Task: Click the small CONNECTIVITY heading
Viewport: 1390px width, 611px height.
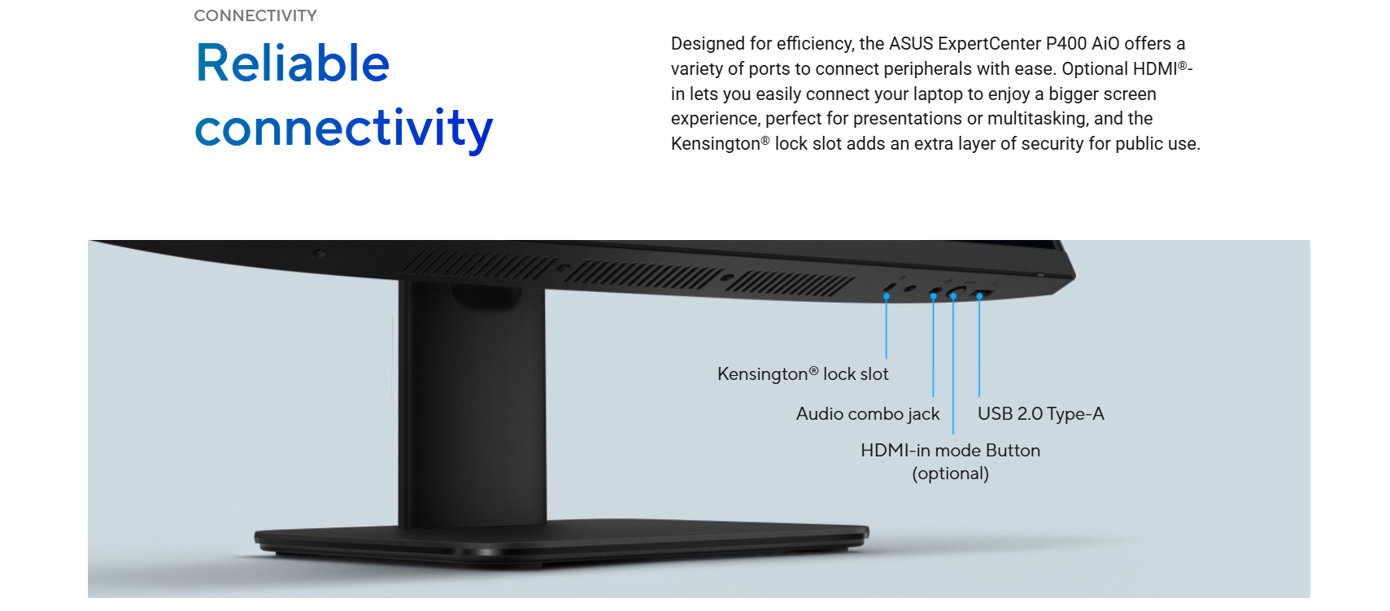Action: pyautogui.click(x=255, y=15)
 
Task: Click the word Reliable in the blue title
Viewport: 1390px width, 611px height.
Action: pyautogui.click(x=292, y=63)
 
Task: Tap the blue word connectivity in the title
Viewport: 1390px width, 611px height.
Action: pyautogui.click(x=344, y=129)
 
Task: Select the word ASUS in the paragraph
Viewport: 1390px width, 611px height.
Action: pyautogui.click(x=911, y=43)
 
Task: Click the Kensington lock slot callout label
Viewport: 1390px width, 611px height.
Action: pyautogui.click(x=802, y=373)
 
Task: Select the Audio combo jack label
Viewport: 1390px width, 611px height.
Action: pyautogui.click(x=868, y=414)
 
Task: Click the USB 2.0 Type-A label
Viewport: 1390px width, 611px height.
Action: pyautogui.click(x=1040, y=413)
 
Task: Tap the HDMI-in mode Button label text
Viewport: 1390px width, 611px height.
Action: pyautogui.click(x=950, y=450)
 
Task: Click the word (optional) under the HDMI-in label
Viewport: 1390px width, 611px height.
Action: pyautogui.click(x=950, y=474)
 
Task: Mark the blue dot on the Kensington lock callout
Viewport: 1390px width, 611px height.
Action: pyautogui.click(x=886, y=296)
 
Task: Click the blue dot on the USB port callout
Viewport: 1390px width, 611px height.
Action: pyautogui.click(x=979, y=296)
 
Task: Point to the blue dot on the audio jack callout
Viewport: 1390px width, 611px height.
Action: pyautogui.click(x=933, y=296)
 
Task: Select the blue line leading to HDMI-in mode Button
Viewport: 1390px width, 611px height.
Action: pyautogui.click(x=953, y=365)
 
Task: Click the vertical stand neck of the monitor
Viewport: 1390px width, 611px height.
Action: pyautogui.click(x=473, y=404)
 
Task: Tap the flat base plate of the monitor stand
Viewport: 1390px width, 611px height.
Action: pyautogui.click(x=561, y=540)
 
